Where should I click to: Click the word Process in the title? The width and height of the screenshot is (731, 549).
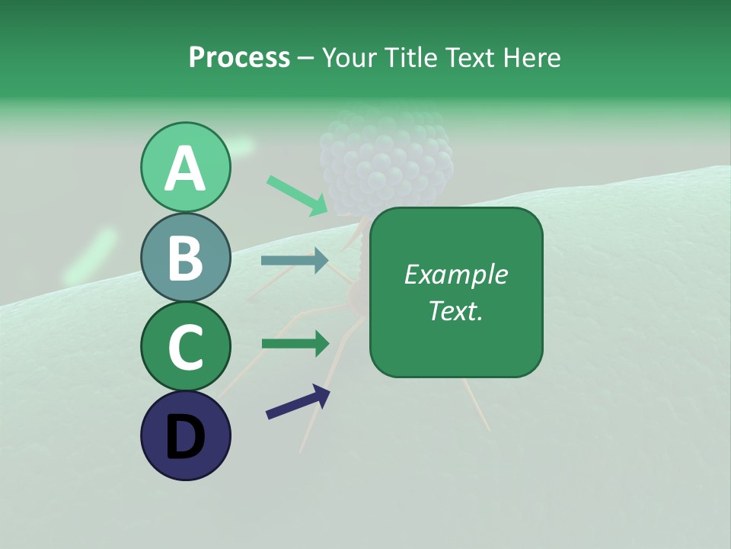click(x=239, y=58)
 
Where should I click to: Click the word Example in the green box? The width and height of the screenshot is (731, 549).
click(x=455, y=274)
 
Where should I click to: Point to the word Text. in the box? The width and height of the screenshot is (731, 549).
click(x=455, y=310)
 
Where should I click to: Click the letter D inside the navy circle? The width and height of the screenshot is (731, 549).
click(x=185, y=438)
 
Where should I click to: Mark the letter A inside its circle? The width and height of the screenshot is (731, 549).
click(x=185, y=169)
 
